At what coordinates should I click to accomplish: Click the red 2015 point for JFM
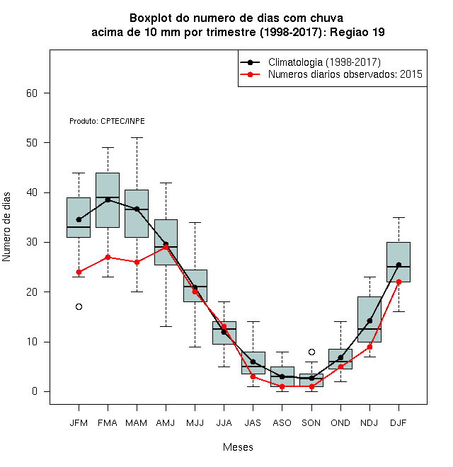point(79,272)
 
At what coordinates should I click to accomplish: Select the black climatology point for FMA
point(108,200)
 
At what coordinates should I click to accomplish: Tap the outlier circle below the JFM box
point(79,307)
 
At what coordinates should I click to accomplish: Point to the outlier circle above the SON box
point(311,352)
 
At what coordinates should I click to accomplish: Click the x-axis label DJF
point(398,423)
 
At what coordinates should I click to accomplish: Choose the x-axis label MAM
point(137,423)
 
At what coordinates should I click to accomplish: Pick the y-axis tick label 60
point(32,93)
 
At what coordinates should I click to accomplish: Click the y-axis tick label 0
point(35,391)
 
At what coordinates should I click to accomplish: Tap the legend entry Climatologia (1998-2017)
point(311,62)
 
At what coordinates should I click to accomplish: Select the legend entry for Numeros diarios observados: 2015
point(331,74)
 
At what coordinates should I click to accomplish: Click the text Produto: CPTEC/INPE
point(107,121)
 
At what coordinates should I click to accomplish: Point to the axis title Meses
point(238,447)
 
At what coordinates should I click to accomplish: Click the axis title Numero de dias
point(6,227)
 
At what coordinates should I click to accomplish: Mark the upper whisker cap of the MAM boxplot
point(137,137)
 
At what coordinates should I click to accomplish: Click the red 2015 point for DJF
point(398,282)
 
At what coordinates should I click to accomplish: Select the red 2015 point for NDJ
point(369,347)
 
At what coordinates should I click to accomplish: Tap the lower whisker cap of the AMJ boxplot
point(166,326)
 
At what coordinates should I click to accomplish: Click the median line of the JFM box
point(79,227)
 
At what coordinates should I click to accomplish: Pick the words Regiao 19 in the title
point(357,32)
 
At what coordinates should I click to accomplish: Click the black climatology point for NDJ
point(369,321)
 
